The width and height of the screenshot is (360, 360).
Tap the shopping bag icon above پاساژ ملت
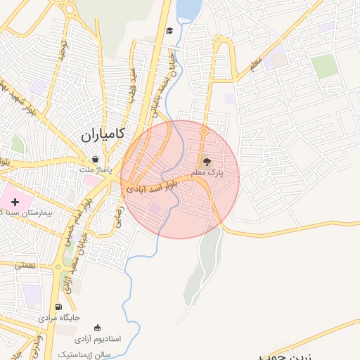(95, 160)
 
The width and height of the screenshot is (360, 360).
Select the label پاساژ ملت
(95, 170)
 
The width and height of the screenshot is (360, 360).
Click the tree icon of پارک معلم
(206, 162)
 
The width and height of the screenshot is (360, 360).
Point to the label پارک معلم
(206, 172)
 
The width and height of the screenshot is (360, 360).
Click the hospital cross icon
(15, 202)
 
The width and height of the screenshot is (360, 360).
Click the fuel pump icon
(58, 307)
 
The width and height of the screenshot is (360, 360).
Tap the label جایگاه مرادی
(63, 317)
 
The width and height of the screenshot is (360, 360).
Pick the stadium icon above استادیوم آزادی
(97, 328)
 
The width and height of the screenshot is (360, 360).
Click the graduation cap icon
(169, 30)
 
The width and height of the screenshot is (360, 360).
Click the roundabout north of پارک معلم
(204, 131)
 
